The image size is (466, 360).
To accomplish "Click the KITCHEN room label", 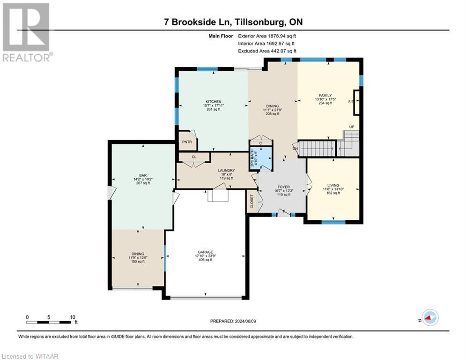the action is tap(214, 102).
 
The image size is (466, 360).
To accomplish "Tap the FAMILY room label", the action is tap(325, 96).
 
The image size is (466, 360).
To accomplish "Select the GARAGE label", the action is tap(205, 252).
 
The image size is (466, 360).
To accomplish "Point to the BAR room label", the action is tap(143, 175).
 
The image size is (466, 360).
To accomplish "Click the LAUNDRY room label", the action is tap(227, 171).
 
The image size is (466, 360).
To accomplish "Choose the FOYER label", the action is tap(284, 187).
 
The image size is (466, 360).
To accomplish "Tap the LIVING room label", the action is tap(333, 185).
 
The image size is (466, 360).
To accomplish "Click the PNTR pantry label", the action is tap(187, 142).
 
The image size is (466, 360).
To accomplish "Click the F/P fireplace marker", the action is tap(351, 102).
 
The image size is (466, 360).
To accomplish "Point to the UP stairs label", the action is tap(352, 127).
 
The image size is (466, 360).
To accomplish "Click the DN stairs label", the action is tap(295, 149).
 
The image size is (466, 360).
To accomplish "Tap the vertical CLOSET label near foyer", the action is tap(252, 202).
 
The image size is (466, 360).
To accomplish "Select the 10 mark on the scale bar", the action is tap(73, 317).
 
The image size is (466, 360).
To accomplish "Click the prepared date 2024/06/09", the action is tap(245, 321).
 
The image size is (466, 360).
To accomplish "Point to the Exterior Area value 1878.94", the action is tap(277, 36).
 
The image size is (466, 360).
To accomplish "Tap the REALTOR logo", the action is tap(27, 32).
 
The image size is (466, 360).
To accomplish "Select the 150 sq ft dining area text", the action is tap(138, 262).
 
